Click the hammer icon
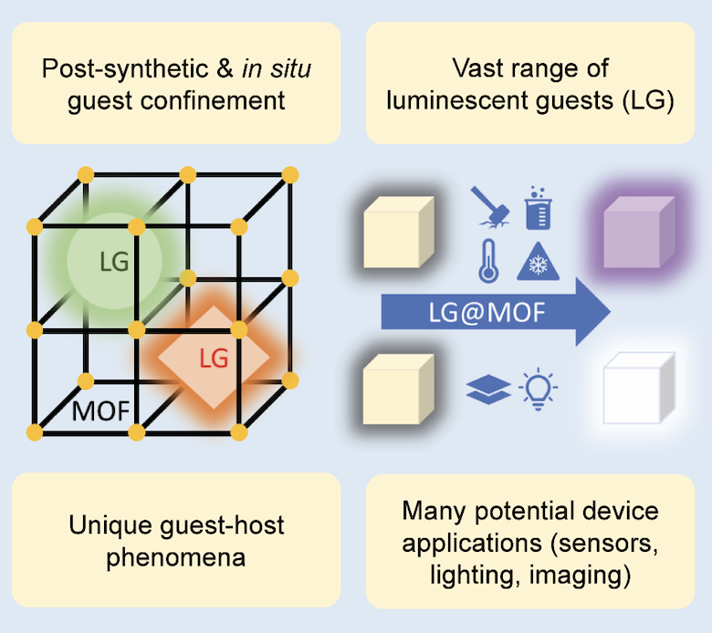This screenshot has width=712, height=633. (x=490, y=207)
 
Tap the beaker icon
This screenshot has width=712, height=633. (x=538, y=208)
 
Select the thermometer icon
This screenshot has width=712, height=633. (x=488, y=262)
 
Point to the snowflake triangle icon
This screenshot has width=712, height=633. (x=538, y=262)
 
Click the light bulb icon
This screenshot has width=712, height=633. (x=538, y=389)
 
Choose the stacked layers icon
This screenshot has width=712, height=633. (x=488, y=389)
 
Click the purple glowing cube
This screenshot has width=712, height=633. (x=639, y=233)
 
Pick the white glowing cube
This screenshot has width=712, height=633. (x=639, y=389)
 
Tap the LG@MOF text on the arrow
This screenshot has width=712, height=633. (x=487, y=312)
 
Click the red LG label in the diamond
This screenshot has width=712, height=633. (x=214, y=358)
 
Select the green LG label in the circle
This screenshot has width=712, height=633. (x=114, y=262)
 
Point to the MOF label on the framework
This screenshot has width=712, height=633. (x=100, y=411)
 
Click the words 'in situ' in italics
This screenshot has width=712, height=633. (x=277, y=68)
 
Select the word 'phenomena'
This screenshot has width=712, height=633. (x=176, y=557)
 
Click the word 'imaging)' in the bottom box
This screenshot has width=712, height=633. (x=581, y=575)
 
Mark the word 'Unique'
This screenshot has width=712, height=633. (x=111, y=525)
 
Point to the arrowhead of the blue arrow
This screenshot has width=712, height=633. (x=611, y=312)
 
